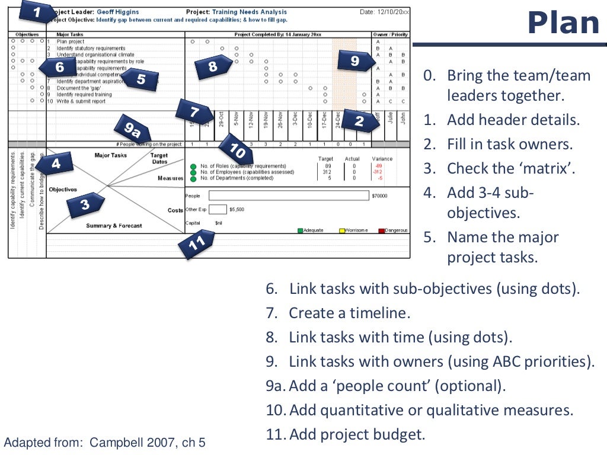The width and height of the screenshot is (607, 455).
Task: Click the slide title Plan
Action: click(x=563, y=24)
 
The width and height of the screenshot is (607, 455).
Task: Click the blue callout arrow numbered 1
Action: click(x=37, y=11)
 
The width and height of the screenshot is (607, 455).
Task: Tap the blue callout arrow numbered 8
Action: click(x=213, y=66)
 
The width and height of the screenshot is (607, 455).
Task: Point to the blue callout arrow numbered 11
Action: click(x=196, y=245)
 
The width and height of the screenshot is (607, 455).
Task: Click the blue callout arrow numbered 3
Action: click(x=85, y=205)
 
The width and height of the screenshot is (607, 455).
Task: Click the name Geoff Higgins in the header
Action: click(x=119, y=12)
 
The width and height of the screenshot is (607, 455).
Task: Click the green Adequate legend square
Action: click(x=301, y=230)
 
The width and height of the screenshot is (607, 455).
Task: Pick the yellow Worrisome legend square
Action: click(x=342, y=230)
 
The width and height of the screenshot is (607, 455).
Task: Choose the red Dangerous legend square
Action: click(x=382, y=230)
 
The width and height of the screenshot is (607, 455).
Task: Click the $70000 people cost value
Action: click(x=379, y=196)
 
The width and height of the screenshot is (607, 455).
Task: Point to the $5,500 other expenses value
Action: click(x=237, y=209)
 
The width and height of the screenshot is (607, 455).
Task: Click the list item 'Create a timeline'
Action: click(x=349, y=313)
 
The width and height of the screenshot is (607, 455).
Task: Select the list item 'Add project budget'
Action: click(x=357, y=434)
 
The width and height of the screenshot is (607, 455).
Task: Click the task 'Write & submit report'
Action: click(x=81, y=101)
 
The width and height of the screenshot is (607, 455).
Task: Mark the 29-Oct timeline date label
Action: click(x=221, y=119)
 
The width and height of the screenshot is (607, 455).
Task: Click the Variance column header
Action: click(x=382, y=159)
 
